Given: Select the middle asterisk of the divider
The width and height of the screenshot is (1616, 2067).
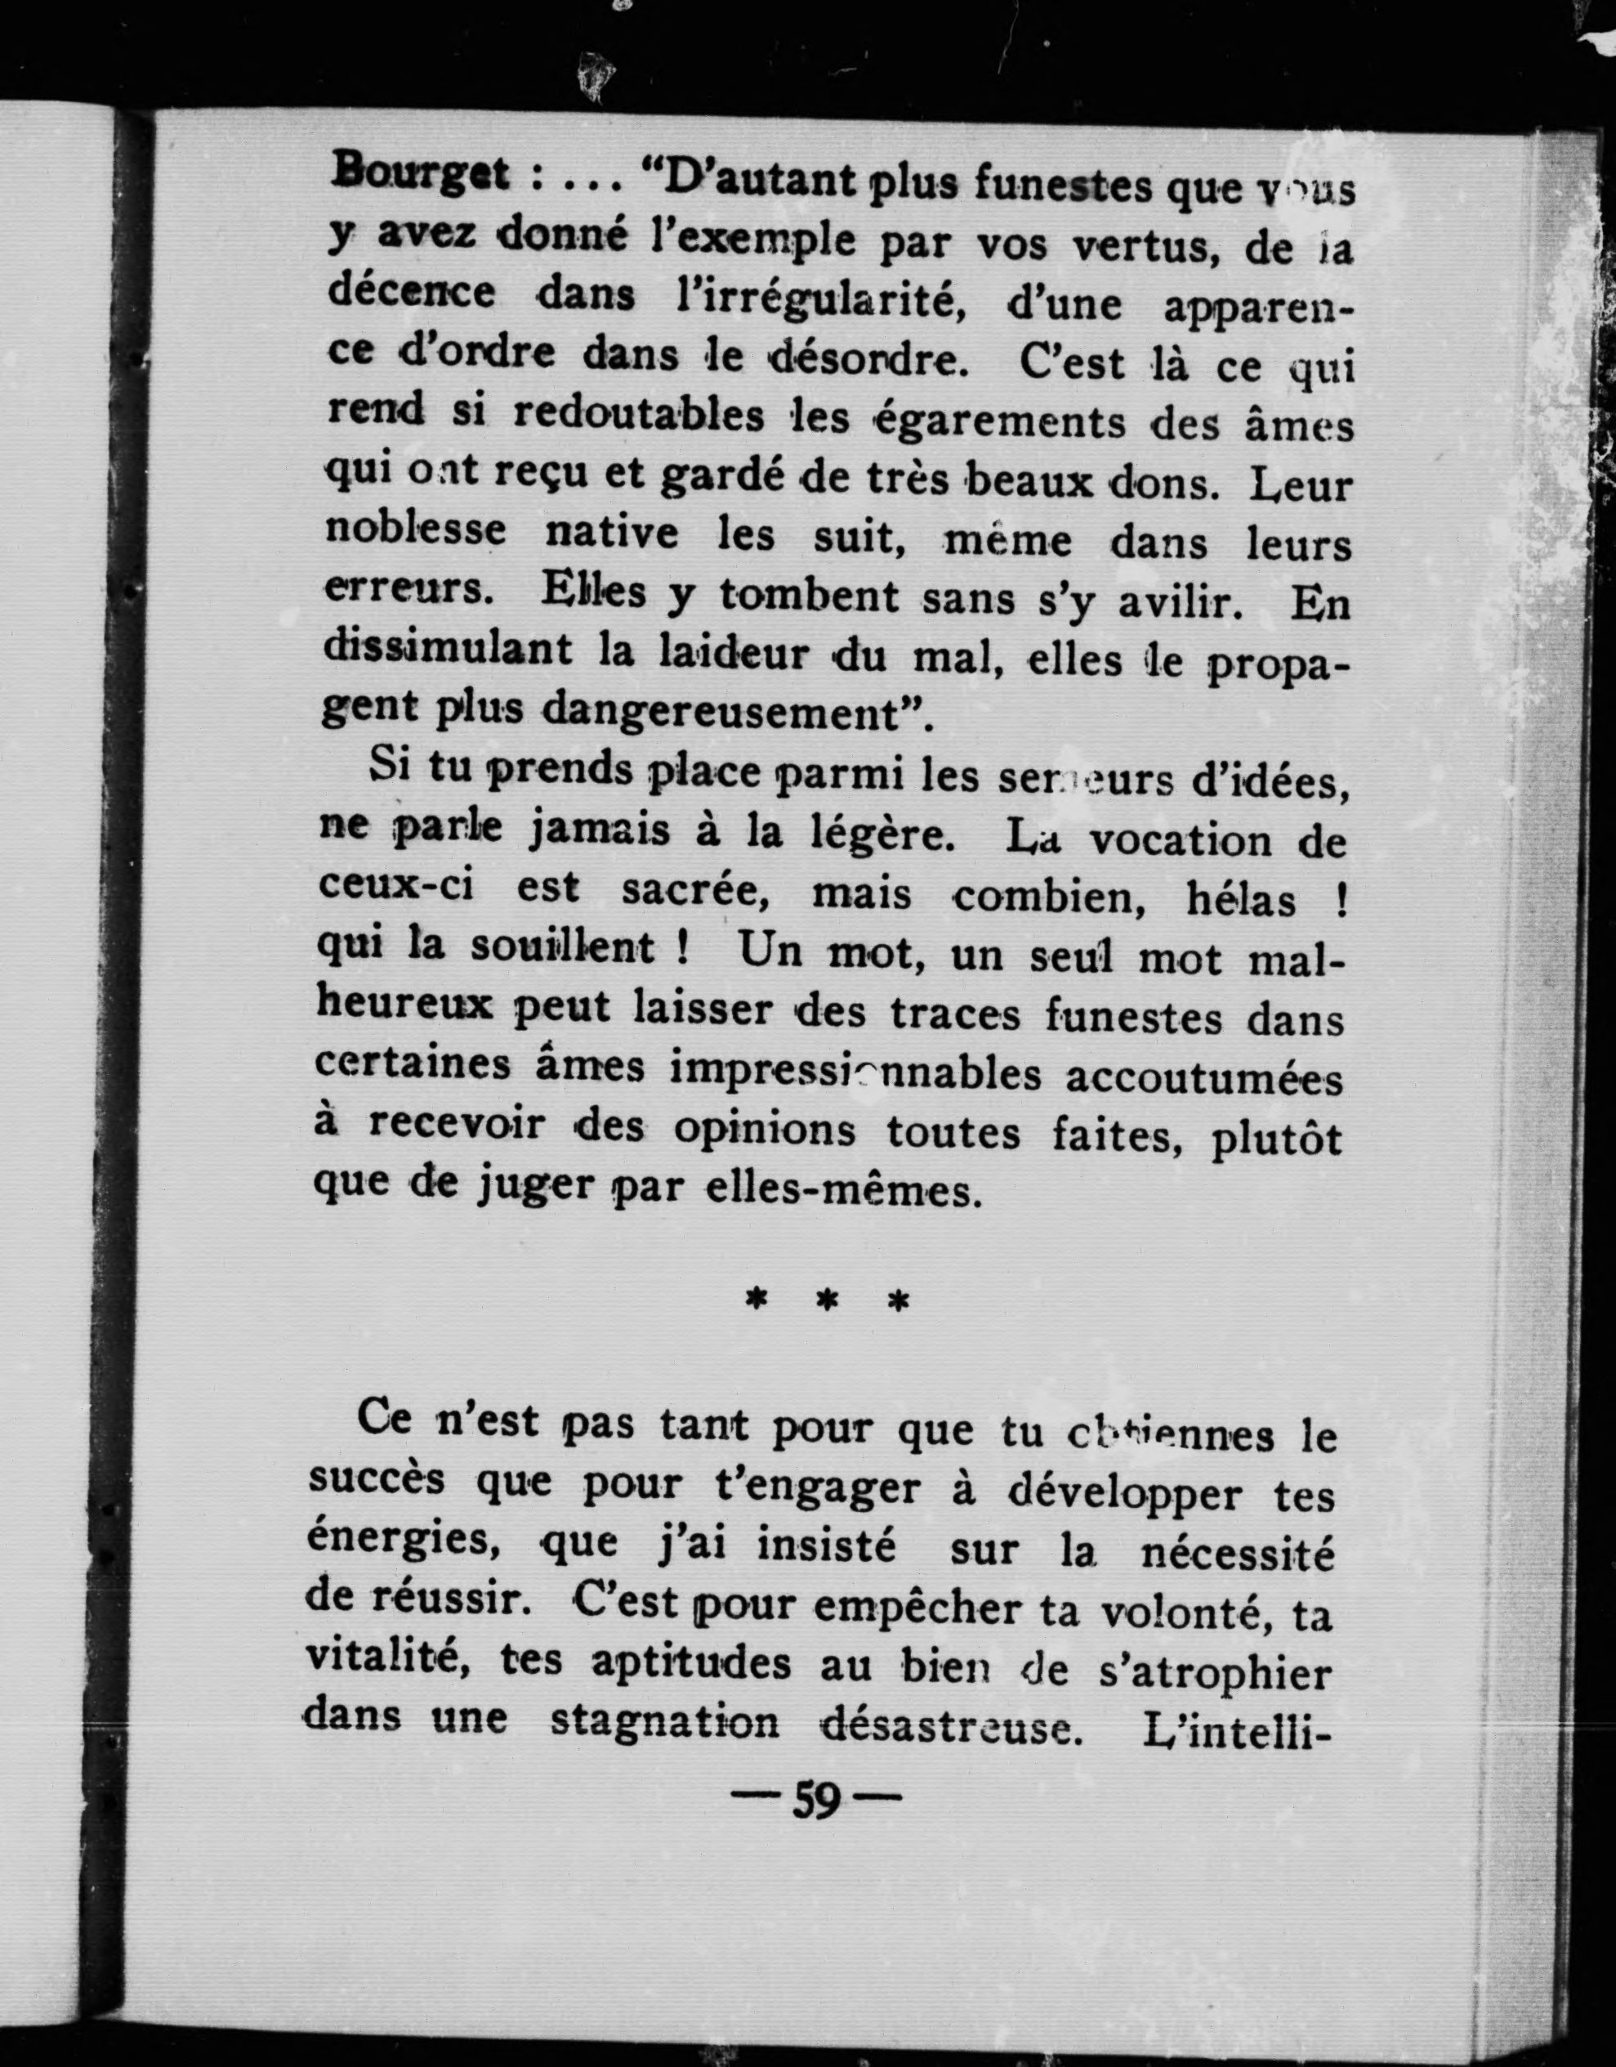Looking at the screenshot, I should (x=828, y=1302).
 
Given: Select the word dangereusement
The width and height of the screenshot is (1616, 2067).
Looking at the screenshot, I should (x=725, y=712).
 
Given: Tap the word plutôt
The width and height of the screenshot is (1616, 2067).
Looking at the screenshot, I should (x=1277, y=1138).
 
